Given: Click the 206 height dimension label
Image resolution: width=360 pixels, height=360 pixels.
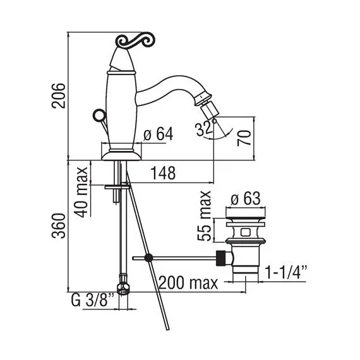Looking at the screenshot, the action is (x=58, y=95).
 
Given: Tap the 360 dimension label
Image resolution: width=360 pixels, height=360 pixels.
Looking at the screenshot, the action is (x=58, y=225).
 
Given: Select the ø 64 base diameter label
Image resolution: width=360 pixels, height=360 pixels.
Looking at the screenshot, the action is (x=158, y=134).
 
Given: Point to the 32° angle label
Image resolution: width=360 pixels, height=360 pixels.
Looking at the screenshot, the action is (x=205, y=129).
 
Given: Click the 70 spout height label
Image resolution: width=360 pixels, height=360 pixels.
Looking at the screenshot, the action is (x=244, y=138).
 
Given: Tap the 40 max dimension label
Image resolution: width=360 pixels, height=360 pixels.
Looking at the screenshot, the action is (x=82, y=192).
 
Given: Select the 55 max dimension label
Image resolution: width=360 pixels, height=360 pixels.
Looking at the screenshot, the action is (x=204, y=215).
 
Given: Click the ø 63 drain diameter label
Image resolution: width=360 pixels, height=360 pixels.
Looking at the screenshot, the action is (x=246, y=198).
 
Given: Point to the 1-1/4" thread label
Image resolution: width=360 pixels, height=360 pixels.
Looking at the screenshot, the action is (x=286, y=272).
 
